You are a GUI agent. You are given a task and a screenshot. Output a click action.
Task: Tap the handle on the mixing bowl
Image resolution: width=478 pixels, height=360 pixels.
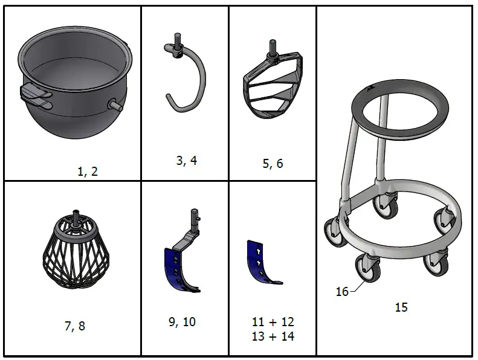pyautogui.click(x=36, y=95)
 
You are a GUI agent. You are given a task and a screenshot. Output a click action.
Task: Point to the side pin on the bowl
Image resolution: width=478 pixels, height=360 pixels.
pyautogui.click(x=115, y=104)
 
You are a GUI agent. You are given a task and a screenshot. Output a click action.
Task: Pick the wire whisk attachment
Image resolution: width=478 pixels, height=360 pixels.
pyautogui.click(x=76, y=249)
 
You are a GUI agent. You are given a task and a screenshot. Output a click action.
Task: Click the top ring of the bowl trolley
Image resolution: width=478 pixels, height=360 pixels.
pyautogui.click(x=399, y=109)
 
